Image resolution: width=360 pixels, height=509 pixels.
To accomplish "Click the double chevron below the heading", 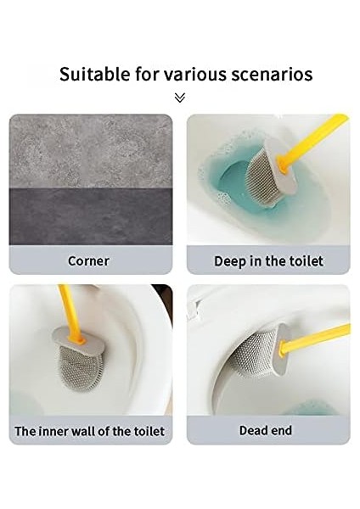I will point(180,98).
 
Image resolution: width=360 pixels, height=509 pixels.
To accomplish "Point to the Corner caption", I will point(88,260).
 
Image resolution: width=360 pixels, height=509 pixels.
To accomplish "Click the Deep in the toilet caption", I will point(268,260).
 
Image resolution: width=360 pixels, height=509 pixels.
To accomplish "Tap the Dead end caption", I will point(265,430).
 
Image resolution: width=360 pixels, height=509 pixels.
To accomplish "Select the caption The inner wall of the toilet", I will point(90,431).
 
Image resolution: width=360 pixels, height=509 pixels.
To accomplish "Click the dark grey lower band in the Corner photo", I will point(90,216).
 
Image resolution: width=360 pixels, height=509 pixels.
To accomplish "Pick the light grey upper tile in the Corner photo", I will point(90,148).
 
